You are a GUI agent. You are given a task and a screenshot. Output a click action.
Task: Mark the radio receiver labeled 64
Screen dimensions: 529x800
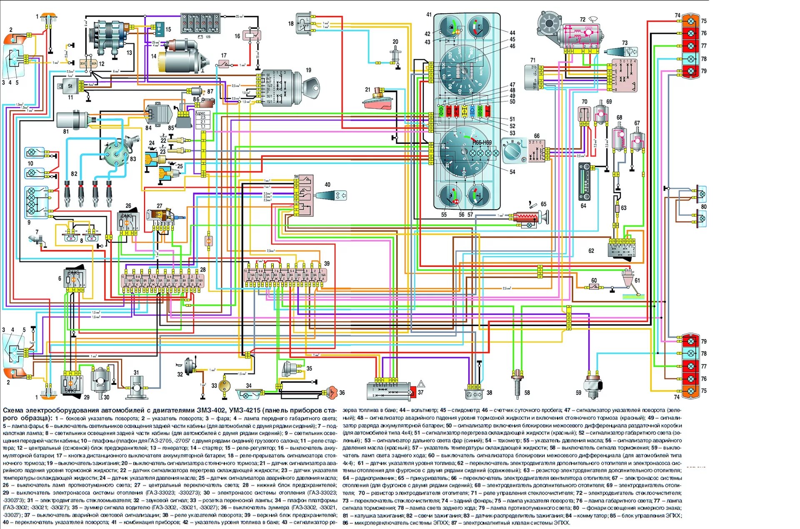[x=584, y=182]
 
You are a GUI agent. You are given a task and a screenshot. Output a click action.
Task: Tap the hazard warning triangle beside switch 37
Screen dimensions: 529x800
[x=421, y=384]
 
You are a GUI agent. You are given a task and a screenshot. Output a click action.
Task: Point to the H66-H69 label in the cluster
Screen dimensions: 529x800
[x=482, y=143]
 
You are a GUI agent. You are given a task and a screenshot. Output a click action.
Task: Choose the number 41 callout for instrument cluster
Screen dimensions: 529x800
[x=429, y=15]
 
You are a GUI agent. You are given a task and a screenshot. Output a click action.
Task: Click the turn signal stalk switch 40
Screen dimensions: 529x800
[x=331, y=195]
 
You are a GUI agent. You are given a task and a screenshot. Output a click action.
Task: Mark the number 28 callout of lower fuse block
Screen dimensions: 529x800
[x=203, y=270]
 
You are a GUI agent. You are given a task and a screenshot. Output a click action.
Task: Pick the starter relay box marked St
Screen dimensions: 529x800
[x=70, y=86]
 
